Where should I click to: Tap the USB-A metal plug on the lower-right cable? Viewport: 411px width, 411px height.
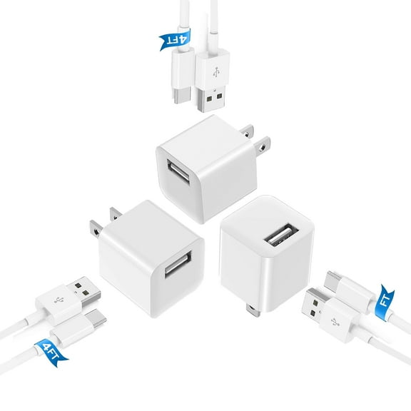315,301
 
